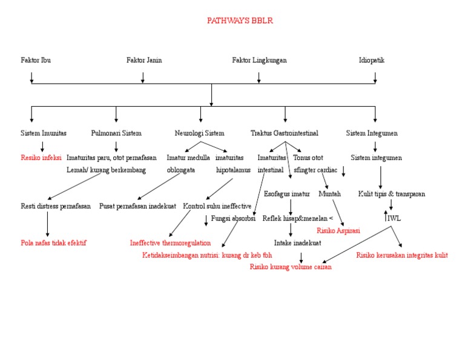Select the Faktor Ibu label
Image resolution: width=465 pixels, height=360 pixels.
click(x=36, y=60)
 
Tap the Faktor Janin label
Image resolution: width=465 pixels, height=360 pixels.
click(x=144, y=60)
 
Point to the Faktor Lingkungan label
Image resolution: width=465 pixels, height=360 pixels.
click(x=259, y=60)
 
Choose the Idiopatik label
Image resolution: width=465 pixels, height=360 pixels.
click(x=371, y=60)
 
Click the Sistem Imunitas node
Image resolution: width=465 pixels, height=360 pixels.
click(x=44, y=133)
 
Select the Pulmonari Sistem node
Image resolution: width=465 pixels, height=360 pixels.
click(x=116, y=133)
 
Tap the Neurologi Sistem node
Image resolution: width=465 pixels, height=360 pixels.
click(x=199, y=133)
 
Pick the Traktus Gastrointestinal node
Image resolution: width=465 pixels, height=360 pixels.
click(x=285, y=133)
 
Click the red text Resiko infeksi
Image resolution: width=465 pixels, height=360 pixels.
click(x=41, y=158)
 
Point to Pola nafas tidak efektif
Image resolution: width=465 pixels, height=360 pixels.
click(x=53, y=242)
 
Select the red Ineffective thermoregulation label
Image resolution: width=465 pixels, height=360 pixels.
click(x=170, y=242)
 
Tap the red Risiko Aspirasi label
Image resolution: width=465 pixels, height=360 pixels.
click(x=338, y=230)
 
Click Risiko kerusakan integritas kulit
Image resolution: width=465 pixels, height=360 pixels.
click(x=402, y=255)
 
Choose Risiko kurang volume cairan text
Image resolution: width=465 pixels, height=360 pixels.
click(x=291, y=267)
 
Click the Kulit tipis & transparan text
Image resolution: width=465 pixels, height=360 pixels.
click(x=391, y=194)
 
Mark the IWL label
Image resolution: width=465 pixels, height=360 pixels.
click(x=394, y=218)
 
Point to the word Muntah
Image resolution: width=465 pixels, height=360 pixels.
click(x=329, y=194)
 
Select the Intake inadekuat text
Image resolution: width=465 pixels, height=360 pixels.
click(x=297, y=242)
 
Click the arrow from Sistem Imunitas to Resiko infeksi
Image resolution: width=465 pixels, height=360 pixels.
click(x=42, y=145)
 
